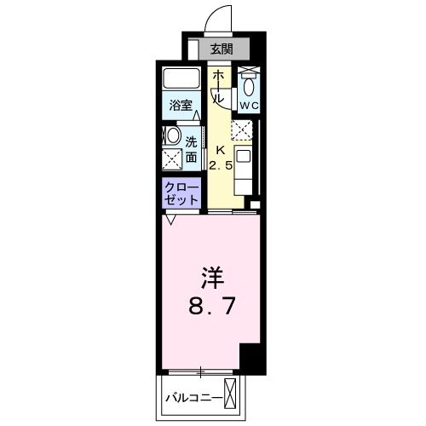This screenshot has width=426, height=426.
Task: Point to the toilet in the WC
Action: (x=248, y=84)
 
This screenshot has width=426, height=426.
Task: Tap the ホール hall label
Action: (x=218, y=88)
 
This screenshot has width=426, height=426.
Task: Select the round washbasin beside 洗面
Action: (x=172, y=136)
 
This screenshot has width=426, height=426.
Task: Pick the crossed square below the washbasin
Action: (x=172, y=158)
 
